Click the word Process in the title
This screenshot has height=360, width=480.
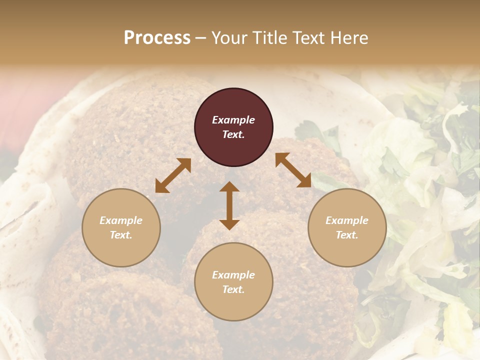tap(157, 38)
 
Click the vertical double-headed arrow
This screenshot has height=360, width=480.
tap(229, 205)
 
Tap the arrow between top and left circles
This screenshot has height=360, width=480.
tap(173, 175)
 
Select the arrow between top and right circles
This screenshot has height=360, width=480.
tap(293, 170)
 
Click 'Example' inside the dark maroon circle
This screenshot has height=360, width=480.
tap(233, 120)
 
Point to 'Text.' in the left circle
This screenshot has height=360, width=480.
tap(121, 235)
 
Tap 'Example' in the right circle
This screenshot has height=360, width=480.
tap(347, 220)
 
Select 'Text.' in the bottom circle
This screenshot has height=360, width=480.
tap(233, 289)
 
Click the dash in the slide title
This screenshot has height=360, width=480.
tap(201, 38)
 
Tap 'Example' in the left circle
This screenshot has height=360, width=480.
tap(121, 220)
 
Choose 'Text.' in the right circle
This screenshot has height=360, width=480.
tap(347, 235)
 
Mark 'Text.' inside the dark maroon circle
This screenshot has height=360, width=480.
tap(233, 134)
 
